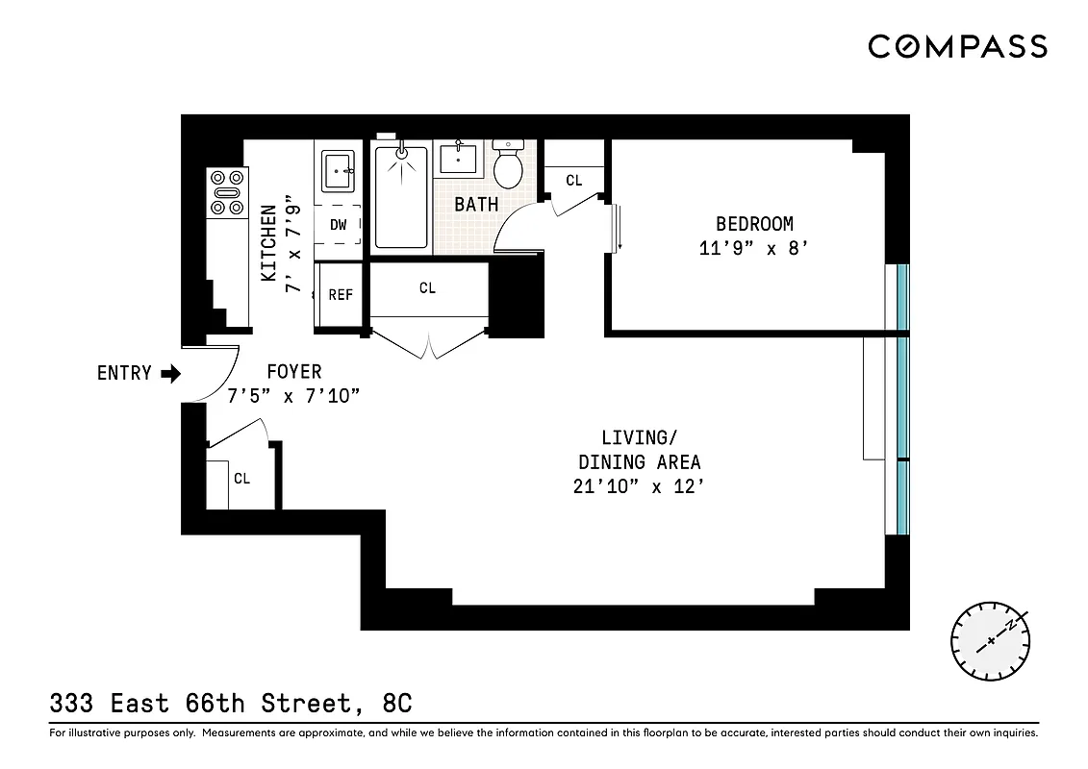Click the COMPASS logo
(957, 45)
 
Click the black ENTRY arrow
(170, 373)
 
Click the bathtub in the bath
(401, 197)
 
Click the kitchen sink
(338, 173)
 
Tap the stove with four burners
(228, 192)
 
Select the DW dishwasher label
(338, 225)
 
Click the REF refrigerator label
(341, 295)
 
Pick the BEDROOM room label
(754, 224)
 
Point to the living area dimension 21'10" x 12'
(639, 486)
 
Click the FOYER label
(294, 371)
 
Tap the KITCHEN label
(269, 242)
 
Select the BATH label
(476, 204)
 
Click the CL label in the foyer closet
(241, 478)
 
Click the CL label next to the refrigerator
(427, 287)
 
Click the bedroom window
(900, 298)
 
